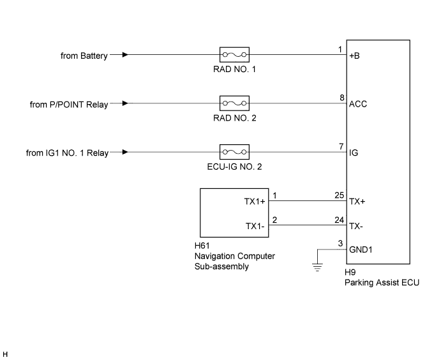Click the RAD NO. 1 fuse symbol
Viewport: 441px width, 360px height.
pos(234,55)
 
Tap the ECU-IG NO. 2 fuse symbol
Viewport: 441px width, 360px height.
pos(234,153)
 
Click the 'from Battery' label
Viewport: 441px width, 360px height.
pos(83,56)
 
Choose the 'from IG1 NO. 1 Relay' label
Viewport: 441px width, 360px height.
pos(68,153)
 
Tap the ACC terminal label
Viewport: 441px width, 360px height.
pos(358,104)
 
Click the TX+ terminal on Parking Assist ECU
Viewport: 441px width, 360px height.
pos(357,201)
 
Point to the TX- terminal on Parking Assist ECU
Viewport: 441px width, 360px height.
pos(357,225)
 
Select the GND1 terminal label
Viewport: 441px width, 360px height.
pos(361,250)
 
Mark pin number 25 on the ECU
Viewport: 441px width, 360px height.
pos(340,195)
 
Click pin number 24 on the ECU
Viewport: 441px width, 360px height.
pos(340,219)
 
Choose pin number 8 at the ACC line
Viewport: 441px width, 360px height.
pos(341,97)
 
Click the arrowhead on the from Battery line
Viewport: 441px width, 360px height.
pos(124,55)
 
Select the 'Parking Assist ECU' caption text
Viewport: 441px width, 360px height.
pos(382,283)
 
